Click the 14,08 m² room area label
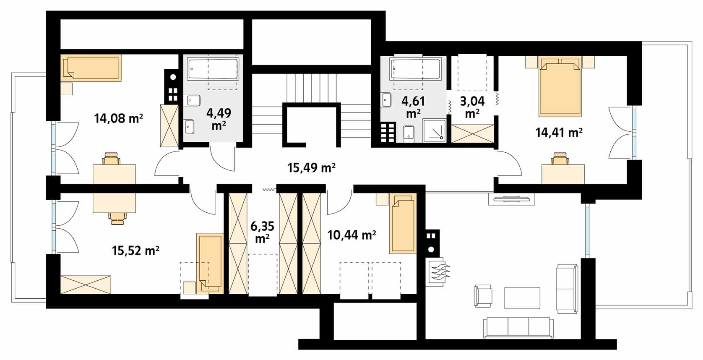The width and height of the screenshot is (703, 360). (119, 119)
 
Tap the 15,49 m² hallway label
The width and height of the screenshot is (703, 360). (311, 168)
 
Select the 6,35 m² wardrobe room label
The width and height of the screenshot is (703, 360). (262, 232)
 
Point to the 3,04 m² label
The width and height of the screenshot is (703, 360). (472, 107)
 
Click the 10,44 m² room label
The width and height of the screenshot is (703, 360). (351, 235)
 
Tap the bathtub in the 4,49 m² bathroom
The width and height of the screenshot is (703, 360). (213, 68)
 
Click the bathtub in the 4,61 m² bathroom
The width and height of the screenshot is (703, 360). (416, 68)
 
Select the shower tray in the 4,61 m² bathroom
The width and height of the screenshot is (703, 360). (434, 130)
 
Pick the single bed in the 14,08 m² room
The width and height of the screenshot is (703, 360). (91, 68)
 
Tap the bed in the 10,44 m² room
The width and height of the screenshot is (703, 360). (403, 224)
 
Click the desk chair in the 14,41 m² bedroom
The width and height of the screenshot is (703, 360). (560, 159)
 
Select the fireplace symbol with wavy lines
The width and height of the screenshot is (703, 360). (437, 272)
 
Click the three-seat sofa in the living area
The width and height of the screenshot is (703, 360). (518, 328)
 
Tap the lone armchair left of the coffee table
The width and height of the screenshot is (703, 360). (483, 296)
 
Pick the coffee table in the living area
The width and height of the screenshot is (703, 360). (522, 298)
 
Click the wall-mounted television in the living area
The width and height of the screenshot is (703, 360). (512, 199)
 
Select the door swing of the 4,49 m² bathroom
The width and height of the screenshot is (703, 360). (222, 159)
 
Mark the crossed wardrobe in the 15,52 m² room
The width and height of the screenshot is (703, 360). (86, 284)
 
